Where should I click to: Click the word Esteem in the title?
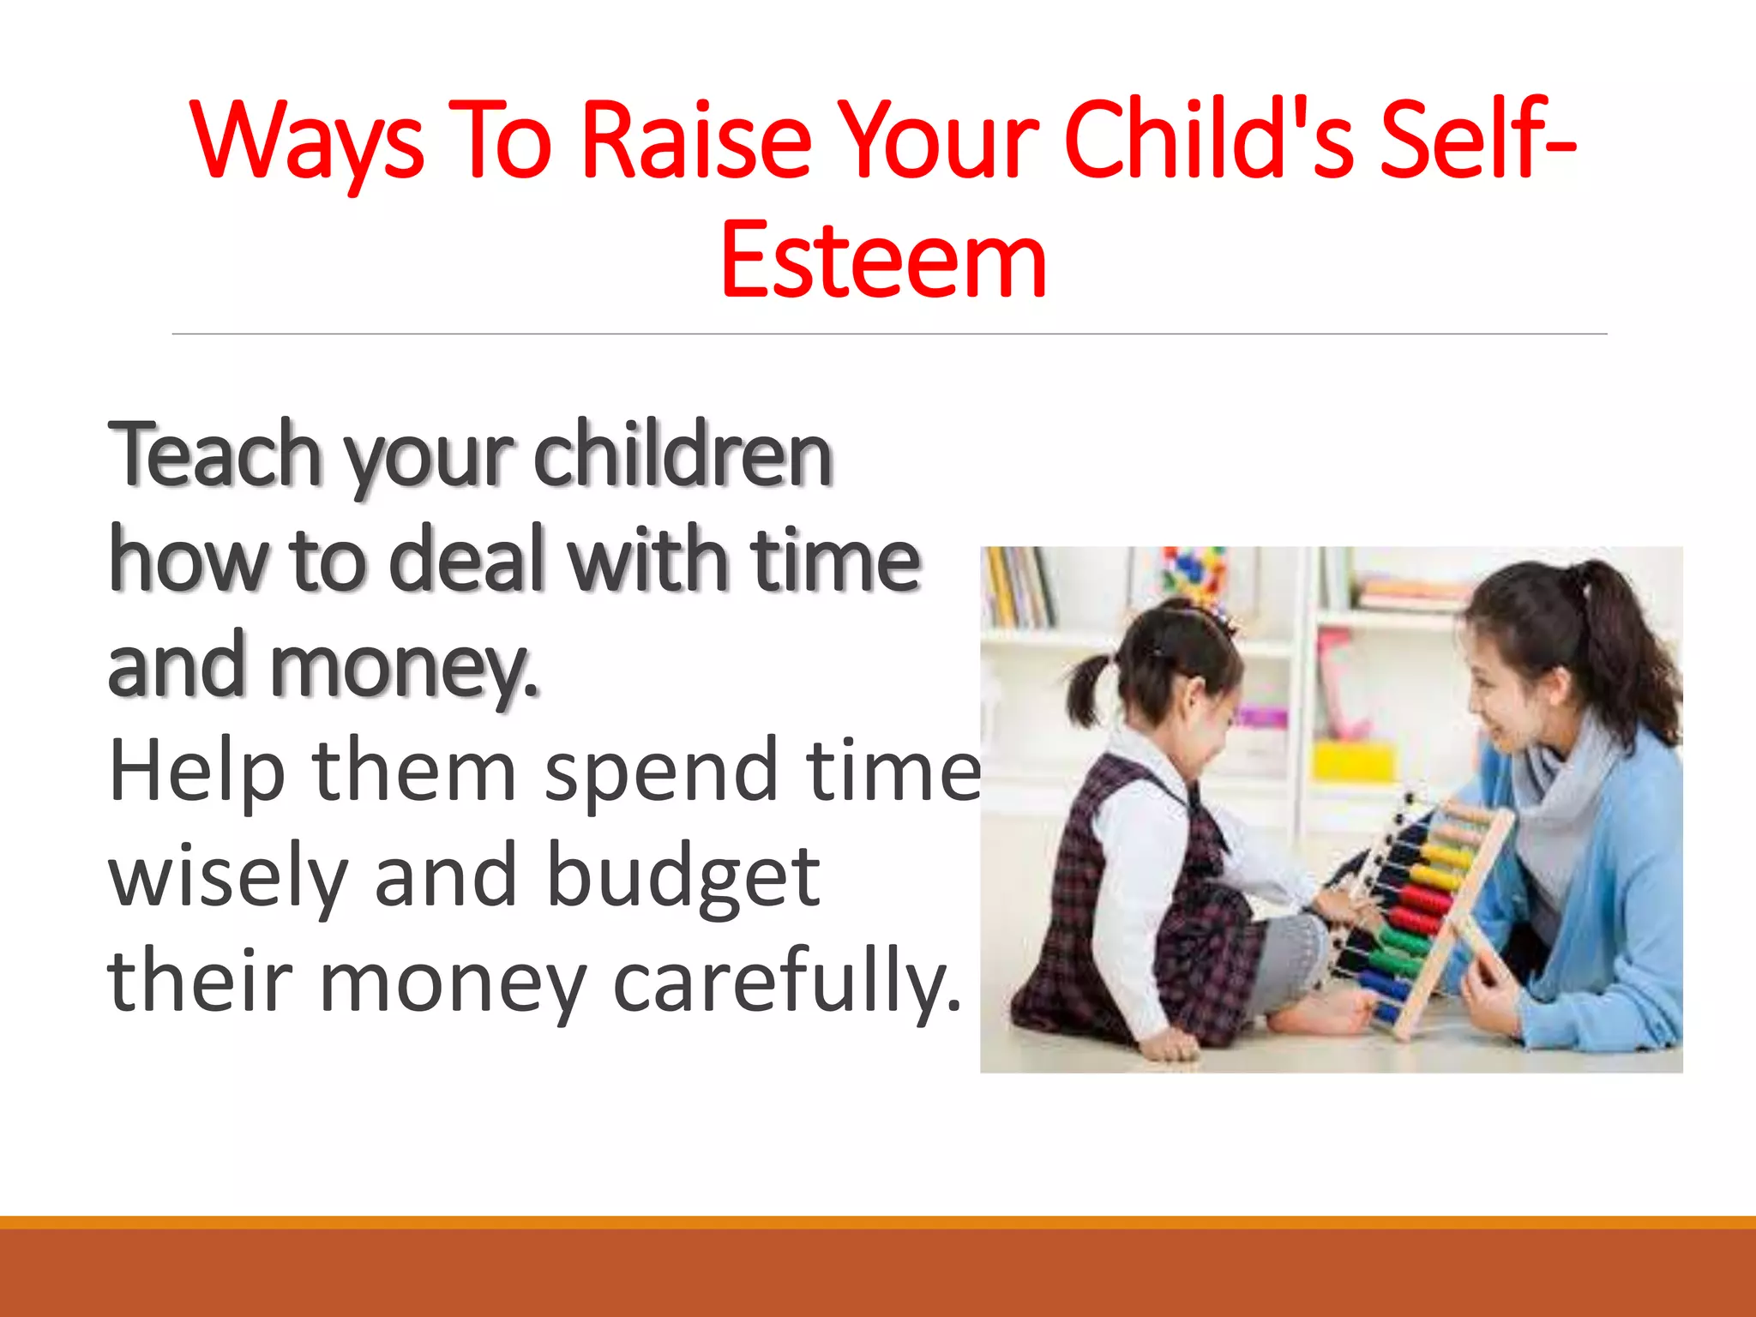point(883,260)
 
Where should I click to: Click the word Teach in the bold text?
point(214,454)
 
